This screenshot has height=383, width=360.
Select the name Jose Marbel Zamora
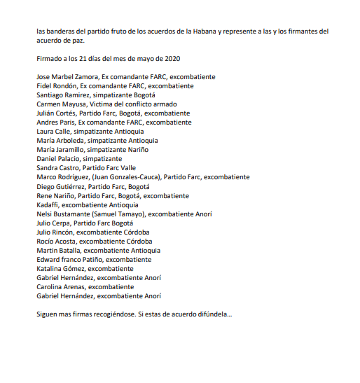67,76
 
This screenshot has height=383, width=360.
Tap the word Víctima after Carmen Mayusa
104,104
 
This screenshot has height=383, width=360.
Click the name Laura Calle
53,131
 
